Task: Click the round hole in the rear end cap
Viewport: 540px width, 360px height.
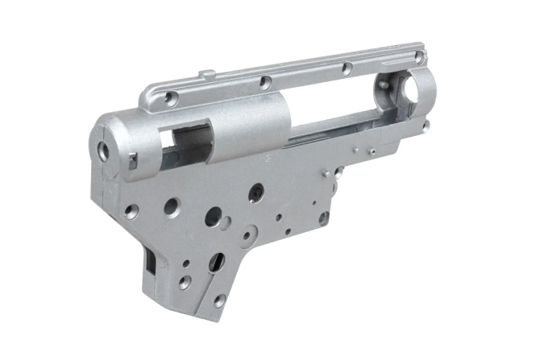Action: [x=102, y=150]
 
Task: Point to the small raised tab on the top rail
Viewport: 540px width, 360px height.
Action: [x=208, y=76]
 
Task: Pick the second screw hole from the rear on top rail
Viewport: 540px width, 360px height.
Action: [x=263, y=80]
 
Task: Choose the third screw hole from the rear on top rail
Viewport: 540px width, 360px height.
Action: [x=345, y=68]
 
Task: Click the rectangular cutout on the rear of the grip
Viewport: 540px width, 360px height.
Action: [x=152, y=259]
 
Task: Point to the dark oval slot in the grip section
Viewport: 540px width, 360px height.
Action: [x=215, y=262]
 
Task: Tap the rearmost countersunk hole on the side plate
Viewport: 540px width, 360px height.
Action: [x=131, y=212]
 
